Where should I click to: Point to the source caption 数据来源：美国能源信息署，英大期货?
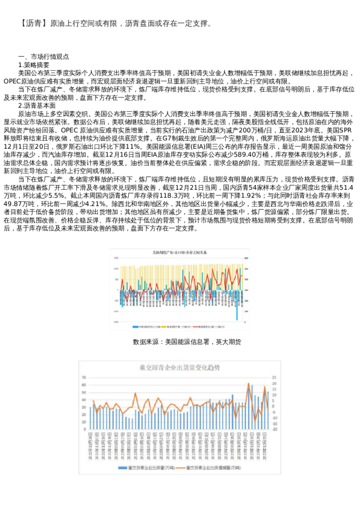click(186, 342)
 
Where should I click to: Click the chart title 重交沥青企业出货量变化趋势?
click(179, 367)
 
